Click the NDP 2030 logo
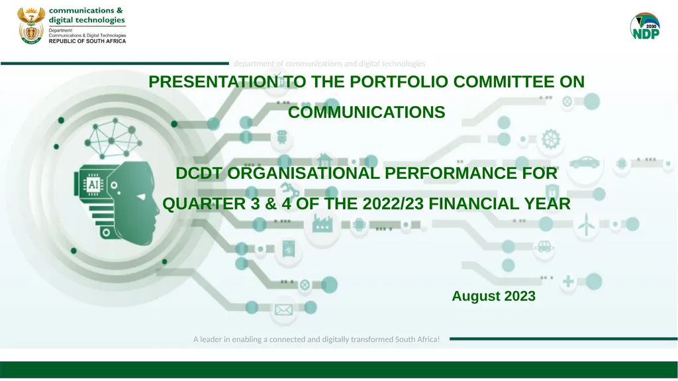coord(644,27)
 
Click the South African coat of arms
coord(30,26)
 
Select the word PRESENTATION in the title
coord(213,82)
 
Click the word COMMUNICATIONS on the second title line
coord(366,113)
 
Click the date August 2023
coord(493,296)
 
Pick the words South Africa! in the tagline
coord(417,339)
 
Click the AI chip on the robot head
coord(93,183)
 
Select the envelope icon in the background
coord(283,309)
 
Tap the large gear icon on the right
coord(550,140)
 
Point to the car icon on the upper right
coord(584,162)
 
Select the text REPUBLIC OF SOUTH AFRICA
coord(87,40)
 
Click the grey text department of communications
coord(329,64)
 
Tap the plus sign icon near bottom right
coord(568,282)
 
